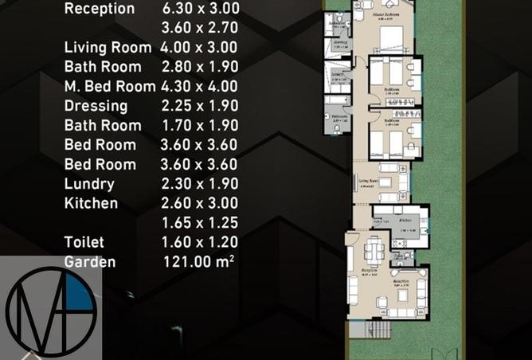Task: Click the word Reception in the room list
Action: [x=99, y=9]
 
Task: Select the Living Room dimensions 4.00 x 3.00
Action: [x=199, y=48]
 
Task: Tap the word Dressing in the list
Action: [x=96, y=106]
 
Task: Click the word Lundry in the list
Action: [x=89, y=184]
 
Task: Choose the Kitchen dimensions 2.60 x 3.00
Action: [x=199, y=203]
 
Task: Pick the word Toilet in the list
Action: [x=84, y=242]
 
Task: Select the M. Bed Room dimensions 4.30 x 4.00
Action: [x=199, y=86]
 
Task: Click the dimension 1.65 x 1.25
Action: [x=199, y=223]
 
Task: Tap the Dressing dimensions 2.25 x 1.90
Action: [x=199, y=106]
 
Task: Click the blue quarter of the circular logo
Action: [x=79, y=293]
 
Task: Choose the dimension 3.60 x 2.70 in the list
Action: [x=199, y=29]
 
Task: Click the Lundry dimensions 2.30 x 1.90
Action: [x=199, y=184]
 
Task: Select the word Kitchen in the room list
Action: [x=91, y=203]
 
